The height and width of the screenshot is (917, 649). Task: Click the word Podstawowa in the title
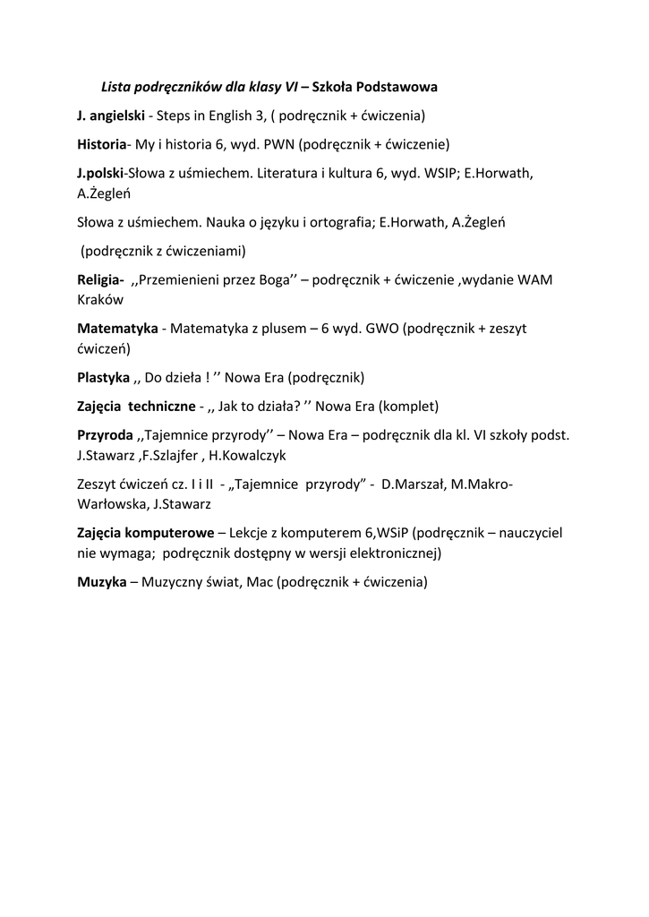397,87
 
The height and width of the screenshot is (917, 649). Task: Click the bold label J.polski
100,172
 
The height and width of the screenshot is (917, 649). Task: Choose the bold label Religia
100,279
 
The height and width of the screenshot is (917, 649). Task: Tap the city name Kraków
100,300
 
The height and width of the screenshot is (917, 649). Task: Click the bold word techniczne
162,406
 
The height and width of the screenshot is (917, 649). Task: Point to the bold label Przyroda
105,434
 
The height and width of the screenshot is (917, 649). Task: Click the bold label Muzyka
101,581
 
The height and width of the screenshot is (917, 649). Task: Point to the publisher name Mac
260,581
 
